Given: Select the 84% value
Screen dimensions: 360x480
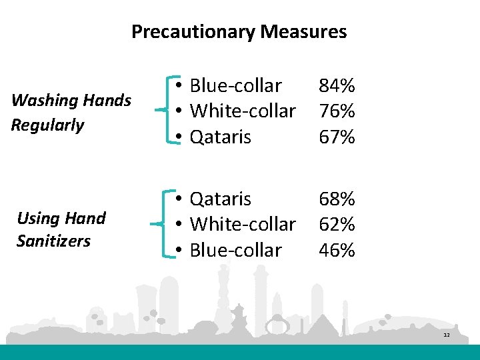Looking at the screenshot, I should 337,85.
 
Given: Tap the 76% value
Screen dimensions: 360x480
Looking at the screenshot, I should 337,111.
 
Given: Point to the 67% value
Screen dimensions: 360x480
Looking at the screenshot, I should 337,137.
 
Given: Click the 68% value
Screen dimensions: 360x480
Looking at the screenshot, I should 337,199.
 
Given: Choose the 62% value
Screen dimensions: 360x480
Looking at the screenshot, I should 337,224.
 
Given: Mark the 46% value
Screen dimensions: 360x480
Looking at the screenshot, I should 337,250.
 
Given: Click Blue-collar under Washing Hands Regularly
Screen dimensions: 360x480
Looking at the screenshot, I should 235,85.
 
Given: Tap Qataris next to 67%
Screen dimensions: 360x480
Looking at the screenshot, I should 221,137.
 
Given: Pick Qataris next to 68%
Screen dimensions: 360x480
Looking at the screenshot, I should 221,199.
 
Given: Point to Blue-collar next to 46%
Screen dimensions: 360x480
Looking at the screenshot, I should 235,250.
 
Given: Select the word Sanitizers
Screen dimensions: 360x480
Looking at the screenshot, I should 53,241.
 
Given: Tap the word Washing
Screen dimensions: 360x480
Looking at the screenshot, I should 43,101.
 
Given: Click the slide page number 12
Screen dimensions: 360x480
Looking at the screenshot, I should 447,335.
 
